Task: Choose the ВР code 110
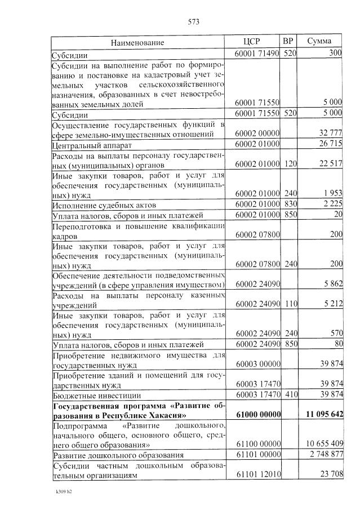(290, 304)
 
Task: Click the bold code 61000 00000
(257, 414)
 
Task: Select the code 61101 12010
(257, 474)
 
